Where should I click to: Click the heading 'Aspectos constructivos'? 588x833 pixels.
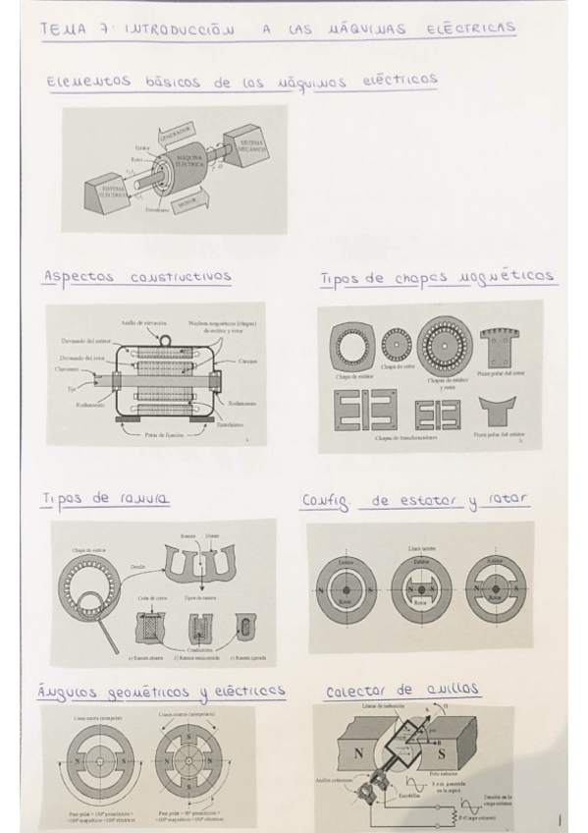click(x=136, y=277)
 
